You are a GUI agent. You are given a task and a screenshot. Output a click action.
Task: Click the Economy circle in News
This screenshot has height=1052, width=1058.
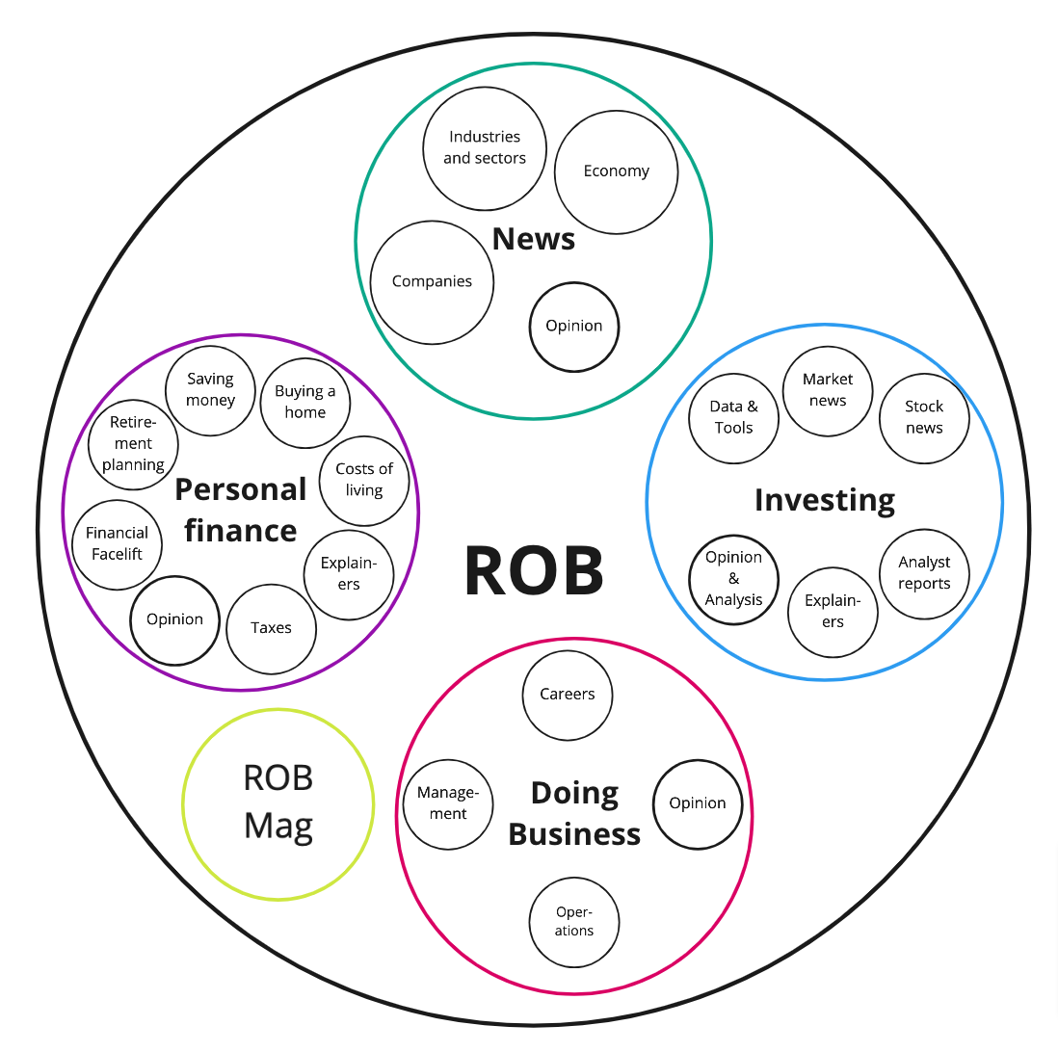[x=616, y=171]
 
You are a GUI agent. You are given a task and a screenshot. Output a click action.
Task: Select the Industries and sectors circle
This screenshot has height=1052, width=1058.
[x=485, y=147]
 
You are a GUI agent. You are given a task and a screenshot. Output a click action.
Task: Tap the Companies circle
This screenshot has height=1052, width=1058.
[x=432, y=282]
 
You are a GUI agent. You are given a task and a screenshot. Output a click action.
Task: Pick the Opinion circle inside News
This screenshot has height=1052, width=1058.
[x=574, y=327]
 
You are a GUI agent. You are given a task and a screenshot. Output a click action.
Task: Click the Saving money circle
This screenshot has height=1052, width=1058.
[x=211, y=390]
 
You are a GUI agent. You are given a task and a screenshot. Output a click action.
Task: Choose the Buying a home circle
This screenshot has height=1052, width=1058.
[x=305, y=403]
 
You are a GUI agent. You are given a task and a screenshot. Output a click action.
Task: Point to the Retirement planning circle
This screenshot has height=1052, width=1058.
[x=133, y=444]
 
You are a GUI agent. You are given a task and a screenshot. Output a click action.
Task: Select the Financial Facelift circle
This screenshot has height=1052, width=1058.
[x=118, y=544]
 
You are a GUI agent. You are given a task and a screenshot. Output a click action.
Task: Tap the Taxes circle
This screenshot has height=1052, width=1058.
[x=271, y=628]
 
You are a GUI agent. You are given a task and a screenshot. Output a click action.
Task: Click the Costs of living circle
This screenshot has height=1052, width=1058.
[x=364, y=480]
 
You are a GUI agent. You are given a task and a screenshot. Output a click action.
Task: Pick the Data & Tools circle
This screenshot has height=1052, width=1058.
[x=734, y=418]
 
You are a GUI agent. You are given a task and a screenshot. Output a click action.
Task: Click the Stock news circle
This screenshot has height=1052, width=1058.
[x=924, y=418]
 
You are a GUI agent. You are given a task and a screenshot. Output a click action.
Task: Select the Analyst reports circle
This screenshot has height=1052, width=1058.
[x=924, y=573]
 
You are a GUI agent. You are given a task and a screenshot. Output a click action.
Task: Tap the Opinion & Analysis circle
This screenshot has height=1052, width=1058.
[x=734, y=579]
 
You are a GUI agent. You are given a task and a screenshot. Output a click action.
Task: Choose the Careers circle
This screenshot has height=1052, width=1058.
[x=568, y=695]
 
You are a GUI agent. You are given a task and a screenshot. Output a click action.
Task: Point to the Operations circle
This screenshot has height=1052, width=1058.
[x=574, y=922]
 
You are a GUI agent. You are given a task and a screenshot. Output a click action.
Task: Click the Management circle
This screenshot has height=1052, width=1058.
[x=448, y=803]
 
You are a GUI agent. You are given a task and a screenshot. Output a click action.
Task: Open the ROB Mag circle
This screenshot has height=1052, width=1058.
[x=278, y=802]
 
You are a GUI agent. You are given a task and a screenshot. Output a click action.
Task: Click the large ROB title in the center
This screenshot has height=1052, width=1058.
[x=534, y=572]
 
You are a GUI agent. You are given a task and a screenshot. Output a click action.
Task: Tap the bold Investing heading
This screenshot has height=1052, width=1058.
[x=824, y=500]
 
